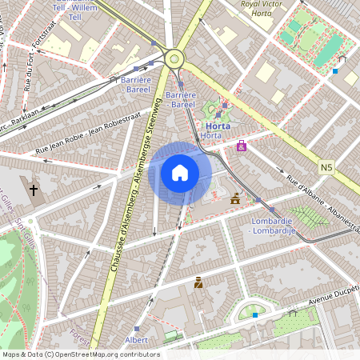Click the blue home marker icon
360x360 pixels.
(180, 173)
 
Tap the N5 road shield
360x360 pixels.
(326, 167)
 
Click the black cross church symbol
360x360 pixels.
(34, 190)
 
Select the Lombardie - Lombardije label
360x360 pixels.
(274, 226)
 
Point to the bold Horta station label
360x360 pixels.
(218, 126)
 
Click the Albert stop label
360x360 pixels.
(136, 340)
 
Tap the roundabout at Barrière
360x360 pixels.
(174, 57)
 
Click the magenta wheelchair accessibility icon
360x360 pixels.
(241, 146)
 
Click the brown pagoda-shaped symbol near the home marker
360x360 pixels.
(235, 198)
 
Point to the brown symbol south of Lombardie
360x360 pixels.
(198, 282)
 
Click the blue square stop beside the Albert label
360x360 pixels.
(138, 328)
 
